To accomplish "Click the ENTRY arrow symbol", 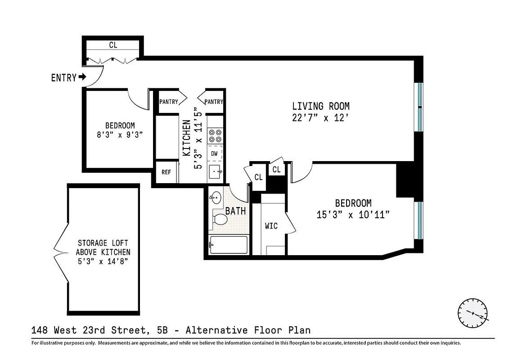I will tap(82, 77).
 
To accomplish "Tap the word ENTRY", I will tap(63, 78).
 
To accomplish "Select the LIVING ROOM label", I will tap(320, 107).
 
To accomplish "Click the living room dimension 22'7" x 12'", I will tap(320, 118).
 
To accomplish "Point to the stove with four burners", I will tap(215, 135).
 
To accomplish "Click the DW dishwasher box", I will tap(215, 153).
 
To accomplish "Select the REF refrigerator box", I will tap(166, 172).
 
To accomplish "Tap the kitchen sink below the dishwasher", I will tap(215, 171).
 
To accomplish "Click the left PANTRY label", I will tap(168, 102).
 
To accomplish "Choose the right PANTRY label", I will tap(213, 102).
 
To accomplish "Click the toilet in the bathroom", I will tap(220, 219).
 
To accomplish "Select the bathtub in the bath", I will tap(228, 245).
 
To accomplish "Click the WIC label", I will tap(271, 226).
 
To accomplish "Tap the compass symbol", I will tap(473, 313).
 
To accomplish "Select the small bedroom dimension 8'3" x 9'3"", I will tap(120, 135).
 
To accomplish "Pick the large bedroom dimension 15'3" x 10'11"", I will tap(352, 215).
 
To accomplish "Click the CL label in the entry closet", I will tap(113, 45).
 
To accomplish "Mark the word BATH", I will tap(235, 211).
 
